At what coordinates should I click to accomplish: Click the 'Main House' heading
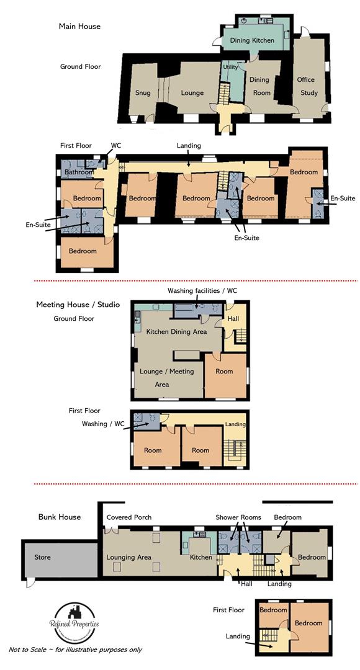click(x=79, y=27)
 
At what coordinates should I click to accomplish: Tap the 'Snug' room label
click(x=143, y=93)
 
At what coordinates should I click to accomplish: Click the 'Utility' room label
click(x=230, y=66)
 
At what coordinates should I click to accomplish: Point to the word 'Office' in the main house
click(x=305, y=79)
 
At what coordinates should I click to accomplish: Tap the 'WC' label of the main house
click(x=115, y=145)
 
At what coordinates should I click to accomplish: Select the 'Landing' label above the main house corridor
click(x=189, y=146)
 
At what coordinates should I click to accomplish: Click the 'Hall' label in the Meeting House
click(x=233, y=318)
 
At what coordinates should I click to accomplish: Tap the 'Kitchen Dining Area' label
click(x=176, y=332)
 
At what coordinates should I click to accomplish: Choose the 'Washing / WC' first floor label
click(x=102, y=424)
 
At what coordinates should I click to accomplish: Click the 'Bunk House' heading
click(x=60, y=517)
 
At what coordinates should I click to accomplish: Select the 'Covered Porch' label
click(x=129, y=517)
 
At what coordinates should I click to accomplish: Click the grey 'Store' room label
click(x=43, y=557)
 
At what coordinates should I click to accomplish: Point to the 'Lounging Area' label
click(x=129, y=557)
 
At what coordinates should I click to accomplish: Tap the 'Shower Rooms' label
click(x=238, y=517)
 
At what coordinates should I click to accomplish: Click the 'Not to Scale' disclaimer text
click(x=75, y=650)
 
